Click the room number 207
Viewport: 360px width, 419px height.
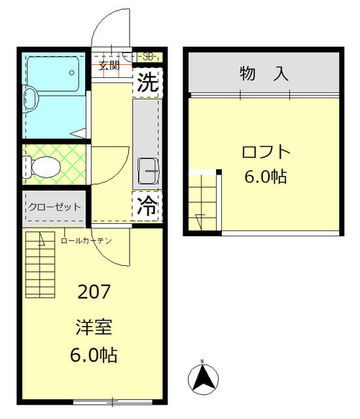click(94, 292)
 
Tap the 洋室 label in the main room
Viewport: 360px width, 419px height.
click(94, 325)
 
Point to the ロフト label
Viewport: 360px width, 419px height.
click(265, 152)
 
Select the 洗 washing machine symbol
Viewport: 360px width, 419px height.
click(148, 83)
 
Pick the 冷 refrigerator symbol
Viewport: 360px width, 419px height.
click(148, 207)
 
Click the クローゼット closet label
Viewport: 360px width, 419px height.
click(54, 207)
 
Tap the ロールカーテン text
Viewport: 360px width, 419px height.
click(86, 241)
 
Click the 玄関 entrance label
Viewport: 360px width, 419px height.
click(109, 65)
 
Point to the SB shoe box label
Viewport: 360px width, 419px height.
click(148, 57)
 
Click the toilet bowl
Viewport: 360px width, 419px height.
click(44, 166)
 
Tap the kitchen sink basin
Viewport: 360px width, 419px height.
click(148, 172)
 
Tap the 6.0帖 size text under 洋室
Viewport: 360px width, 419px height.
click(94, 355)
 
